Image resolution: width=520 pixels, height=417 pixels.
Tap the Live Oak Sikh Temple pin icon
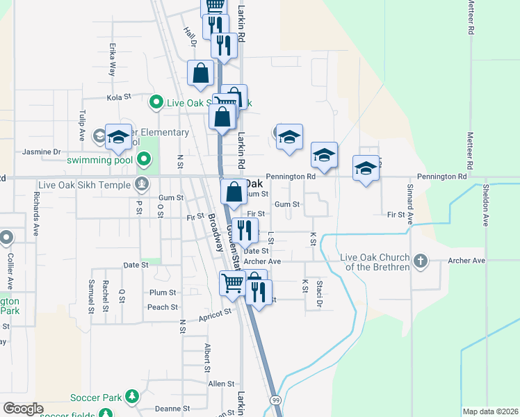pos(143,184)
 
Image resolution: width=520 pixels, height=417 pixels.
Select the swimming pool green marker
pos(144,161)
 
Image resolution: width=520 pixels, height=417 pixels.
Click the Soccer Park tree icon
pos(131,398)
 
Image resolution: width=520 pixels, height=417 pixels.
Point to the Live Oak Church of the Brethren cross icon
pos(419,261)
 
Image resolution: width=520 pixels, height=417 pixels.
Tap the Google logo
pos(23,409)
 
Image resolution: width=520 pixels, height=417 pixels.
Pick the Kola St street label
pos(118,98)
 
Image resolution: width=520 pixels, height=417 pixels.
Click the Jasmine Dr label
pos(42,152)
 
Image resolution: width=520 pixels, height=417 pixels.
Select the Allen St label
pos(221,384)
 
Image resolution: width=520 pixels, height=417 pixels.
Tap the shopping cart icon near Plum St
pos(232,282)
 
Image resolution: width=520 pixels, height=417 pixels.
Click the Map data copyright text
pos(489,411)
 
